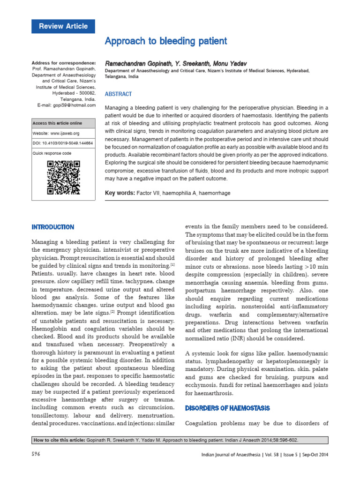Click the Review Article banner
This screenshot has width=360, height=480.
[63, 26]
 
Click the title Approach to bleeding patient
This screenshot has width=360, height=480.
[166, 41]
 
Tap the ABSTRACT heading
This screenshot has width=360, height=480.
[119, 94]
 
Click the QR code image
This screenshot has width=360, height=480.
[63, 177]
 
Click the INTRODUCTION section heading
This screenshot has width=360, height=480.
[52, 227]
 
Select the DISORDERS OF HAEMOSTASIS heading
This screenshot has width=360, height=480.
[227, 408]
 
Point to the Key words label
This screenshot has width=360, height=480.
[120, 193]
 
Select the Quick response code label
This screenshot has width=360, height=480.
[52, 153]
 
